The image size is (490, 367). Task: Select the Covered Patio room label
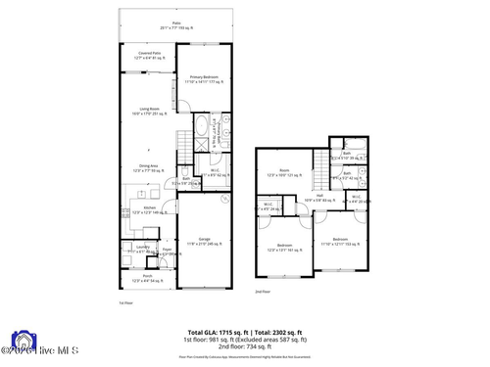tap(149, 55)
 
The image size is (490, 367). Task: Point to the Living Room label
tap(149, 112)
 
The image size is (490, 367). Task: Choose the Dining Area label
tap(149, 168)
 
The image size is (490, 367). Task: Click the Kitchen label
tap(150, 209)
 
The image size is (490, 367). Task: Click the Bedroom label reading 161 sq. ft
tap(284, 247)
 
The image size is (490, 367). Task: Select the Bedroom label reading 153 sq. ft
tap(339, 240)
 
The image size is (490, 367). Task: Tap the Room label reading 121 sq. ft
tap(284, 174)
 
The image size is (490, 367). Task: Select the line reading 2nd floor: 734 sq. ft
tap(245, 347)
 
